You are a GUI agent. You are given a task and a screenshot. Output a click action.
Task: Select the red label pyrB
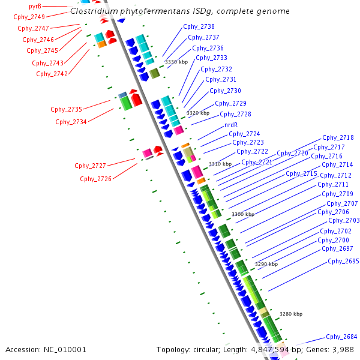coord(35,6)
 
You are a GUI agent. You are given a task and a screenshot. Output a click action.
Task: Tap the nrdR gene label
coord(231,125)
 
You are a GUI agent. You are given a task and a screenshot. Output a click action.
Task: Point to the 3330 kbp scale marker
coord(176,62)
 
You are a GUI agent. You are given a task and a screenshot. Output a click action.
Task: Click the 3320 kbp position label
coord(198,113)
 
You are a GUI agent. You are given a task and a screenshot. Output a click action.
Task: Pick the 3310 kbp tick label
coord(220,164)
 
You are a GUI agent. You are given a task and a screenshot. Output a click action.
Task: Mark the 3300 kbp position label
coord(243,214)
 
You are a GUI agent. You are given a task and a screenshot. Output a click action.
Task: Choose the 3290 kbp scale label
coord(266,264)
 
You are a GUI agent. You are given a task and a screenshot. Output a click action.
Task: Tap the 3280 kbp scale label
coord(291,314)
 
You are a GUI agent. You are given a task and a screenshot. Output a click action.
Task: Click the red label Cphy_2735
coord(66,109)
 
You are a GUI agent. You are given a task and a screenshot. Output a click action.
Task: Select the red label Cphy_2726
coord(95,179)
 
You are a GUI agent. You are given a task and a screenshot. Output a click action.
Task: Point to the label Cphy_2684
coord(341,337)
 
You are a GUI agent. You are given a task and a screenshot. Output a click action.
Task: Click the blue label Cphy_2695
coord(343,261)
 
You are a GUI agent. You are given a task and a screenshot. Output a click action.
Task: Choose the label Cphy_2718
coord(338,137)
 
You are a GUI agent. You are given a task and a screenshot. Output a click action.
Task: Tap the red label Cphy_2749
coord(29,17)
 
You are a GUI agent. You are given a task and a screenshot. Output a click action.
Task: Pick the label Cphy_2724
coord(244,134)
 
